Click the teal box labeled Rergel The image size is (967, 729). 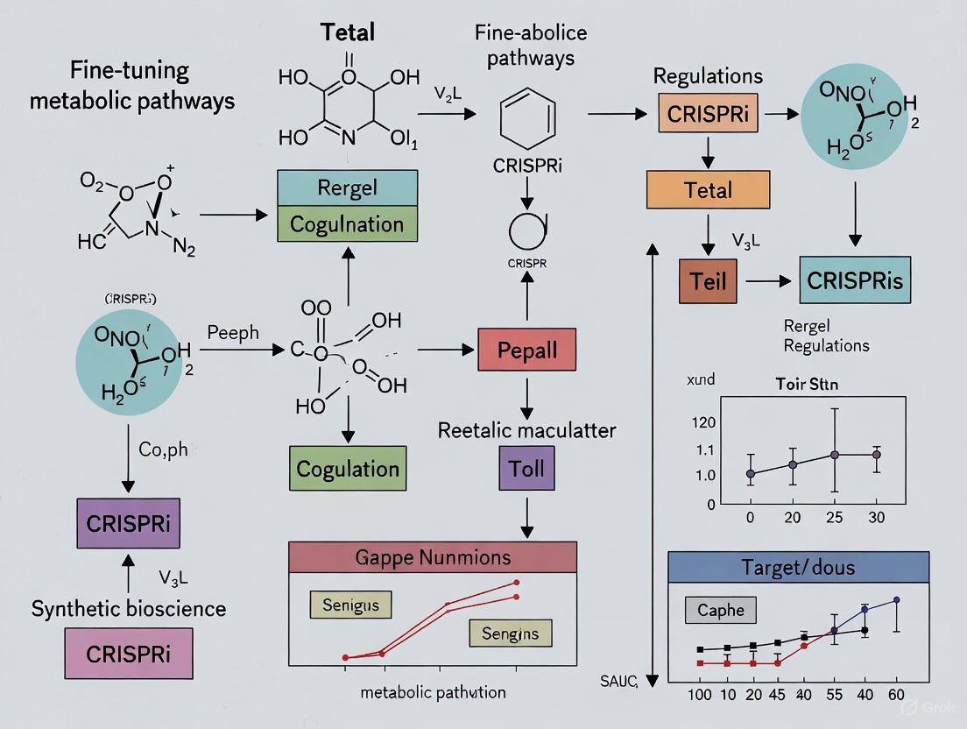pos(347,188)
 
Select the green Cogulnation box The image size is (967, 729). pos(347,223)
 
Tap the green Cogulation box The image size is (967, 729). pos(348,468)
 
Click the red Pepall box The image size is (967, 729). pos(527,350)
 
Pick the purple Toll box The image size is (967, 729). pos(527,466)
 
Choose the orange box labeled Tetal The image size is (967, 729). pos(708,189)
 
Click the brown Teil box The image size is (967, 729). pos(708,282)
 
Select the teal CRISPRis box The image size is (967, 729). pos(855,281)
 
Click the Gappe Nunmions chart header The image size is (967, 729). pos(433,557)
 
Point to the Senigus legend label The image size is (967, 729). pos(350,605)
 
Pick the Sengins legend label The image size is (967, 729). pos(511,633)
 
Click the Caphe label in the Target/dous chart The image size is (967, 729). pos(721,610)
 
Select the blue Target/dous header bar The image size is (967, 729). pos(809,568)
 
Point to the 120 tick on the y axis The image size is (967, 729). pos(703,422)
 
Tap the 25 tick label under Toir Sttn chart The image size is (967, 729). pos(834,517)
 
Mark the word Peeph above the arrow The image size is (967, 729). pos(233,333)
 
